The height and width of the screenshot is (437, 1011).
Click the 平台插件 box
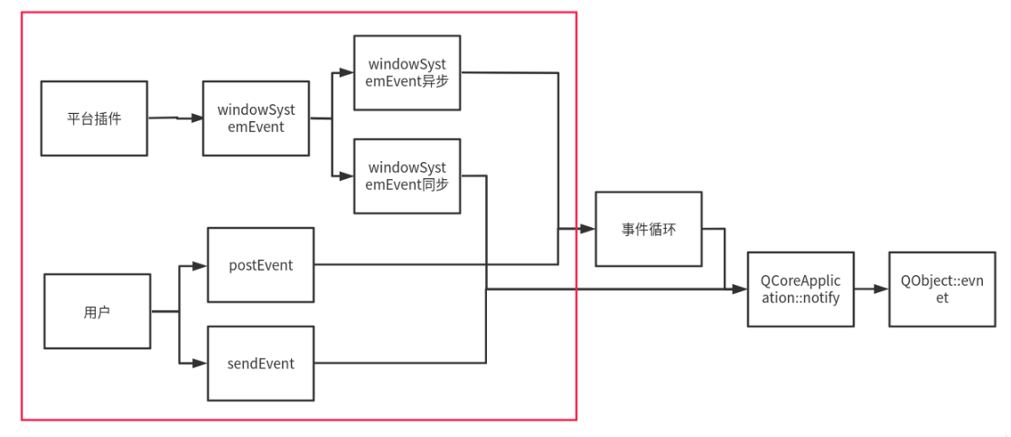point(94,118)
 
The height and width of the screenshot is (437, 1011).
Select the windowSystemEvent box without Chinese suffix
point(257,118)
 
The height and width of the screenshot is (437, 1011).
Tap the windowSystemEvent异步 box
point(407,72)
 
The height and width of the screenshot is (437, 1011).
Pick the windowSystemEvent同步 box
point(407,176)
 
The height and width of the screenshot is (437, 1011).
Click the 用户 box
point(98,312)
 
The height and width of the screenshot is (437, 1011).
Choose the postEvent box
point(260,265)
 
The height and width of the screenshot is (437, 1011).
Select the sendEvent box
point(260,364)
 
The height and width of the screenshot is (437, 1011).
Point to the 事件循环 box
point(648,229)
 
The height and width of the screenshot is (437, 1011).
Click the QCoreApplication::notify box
point(800,290)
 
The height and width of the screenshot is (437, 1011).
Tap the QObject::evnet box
point(941,290)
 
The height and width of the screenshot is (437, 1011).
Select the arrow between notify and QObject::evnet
point(871,290)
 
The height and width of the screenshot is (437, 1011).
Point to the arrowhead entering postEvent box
point(201,266)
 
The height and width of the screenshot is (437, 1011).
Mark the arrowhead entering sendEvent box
point(201,364)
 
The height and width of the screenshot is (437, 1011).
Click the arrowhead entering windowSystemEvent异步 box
point(348,73)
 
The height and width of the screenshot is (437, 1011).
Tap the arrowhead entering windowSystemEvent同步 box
point(348,176)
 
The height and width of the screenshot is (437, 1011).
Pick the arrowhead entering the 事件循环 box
point(589,229)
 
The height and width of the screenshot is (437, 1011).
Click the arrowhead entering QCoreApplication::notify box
point(742,290)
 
